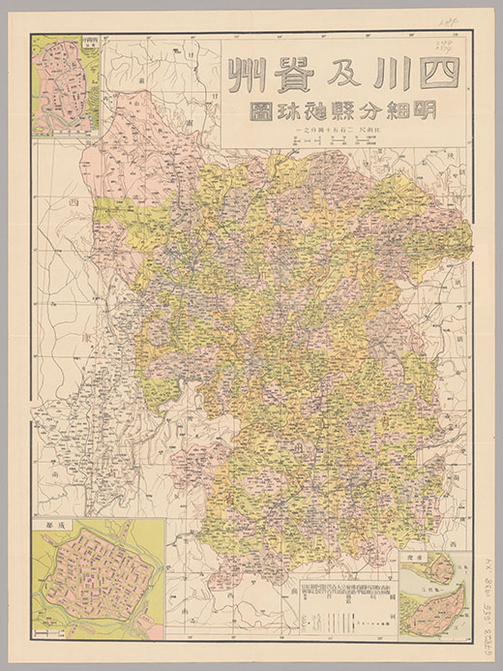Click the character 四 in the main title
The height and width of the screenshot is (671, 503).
(x=437, y=73)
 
